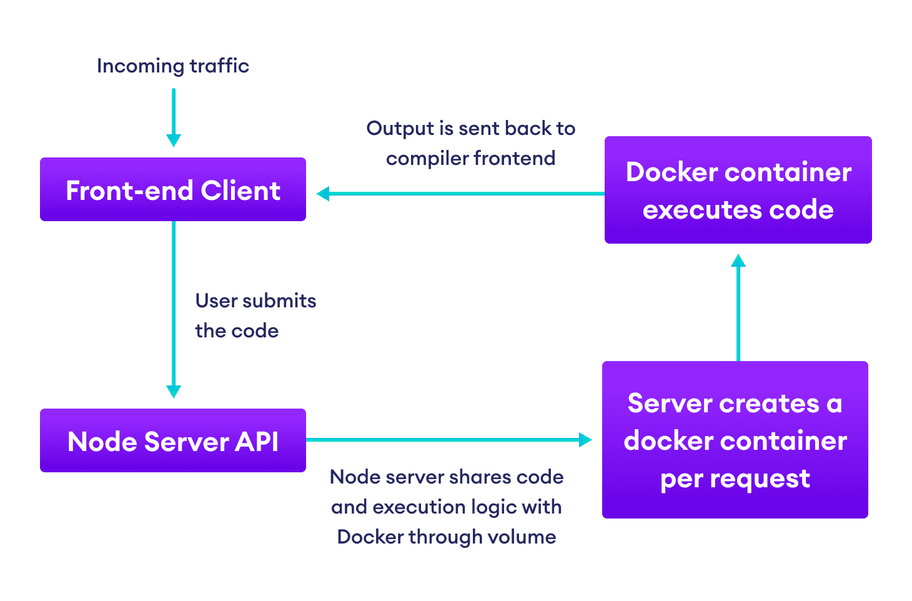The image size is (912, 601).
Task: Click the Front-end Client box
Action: [x=173, y=189]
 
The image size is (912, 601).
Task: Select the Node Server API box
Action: [x=173, y=440]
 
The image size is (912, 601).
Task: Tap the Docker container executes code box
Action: [x=738, y=190]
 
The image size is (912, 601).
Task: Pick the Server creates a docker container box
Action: [x=735, y=440]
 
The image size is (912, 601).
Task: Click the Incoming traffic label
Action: [x=173, y=66]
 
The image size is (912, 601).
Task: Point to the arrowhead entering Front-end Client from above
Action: [x=174, y=141]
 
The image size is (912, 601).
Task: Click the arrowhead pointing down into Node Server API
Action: [x=174, y=392]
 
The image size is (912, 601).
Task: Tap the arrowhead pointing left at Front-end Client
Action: [x=323, y=194]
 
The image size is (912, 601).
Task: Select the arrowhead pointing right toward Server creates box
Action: [x=585, y=440]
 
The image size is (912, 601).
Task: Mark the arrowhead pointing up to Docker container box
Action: [x=738, y=261]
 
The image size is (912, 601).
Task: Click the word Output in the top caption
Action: [x=400, y=129]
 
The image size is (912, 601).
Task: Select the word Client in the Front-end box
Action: [x=240, y=191]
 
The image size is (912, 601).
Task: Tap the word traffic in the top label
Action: [x=219, y=66]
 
